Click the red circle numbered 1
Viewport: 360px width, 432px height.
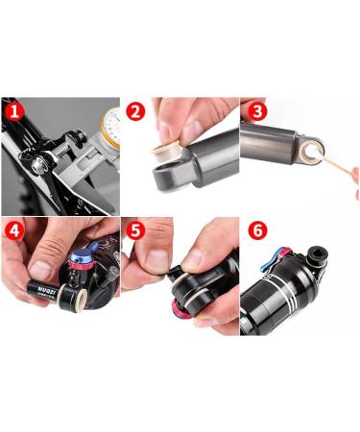pos(12,110)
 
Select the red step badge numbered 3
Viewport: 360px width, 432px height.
pos(254,110)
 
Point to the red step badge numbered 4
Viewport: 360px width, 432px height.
pos(12,230)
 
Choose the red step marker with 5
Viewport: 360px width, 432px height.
pos(135,231)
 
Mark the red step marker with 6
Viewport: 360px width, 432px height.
pos(254,231)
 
